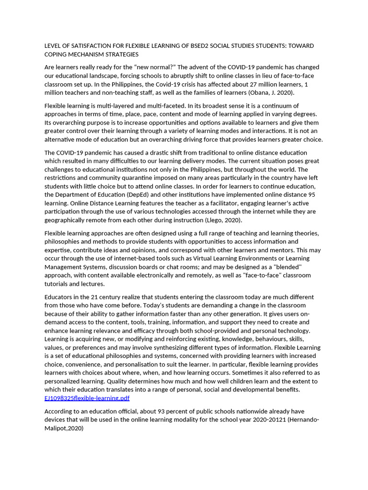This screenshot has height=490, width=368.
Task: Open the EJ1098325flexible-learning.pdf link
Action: tap(87, 398)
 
